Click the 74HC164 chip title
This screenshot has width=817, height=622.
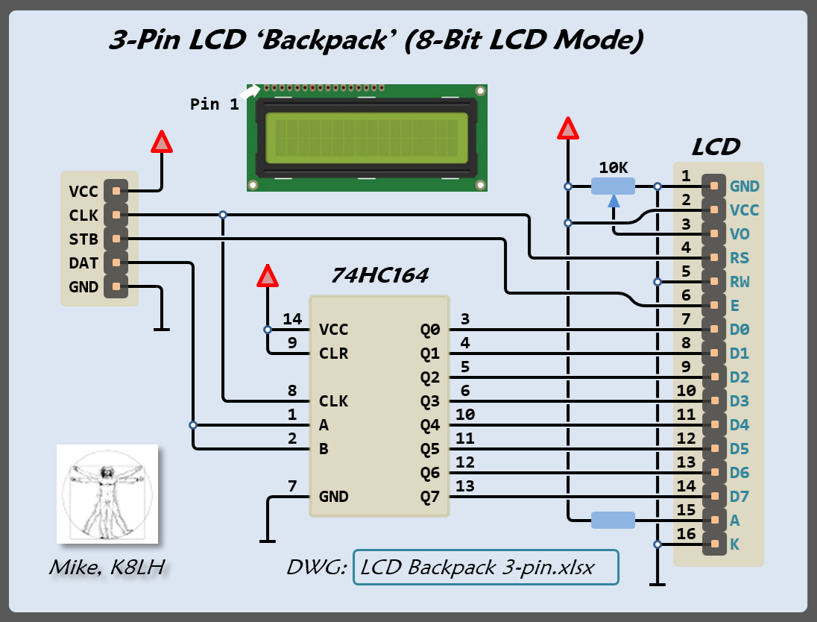pyautogui.click(x=379, y=276)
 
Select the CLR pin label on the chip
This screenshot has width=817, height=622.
pyautogui.click(x=333, y=354)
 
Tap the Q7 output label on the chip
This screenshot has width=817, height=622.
pyautogui.click(x=430, y=497)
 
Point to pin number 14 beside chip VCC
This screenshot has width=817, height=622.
pyautogui.click(x=292, y=320)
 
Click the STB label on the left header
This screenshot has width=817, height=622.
pyautogui.click(x=83, y=239)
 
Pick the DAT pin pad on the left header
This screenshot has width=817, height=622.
pyautogui.click(x=116, y=263)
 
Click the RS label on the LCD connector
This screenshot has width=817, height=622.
pyautogui.click(x=740, y=258)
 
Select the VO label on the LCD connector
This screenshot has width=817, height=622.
pyautogui.click(x=740, y=234)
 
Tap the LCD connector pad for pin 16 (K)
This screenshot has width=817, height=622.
pyautogui.click(x=714, y=544)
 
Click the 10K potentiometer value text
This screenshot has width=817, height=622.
pyautogui.click(x=613, y=168)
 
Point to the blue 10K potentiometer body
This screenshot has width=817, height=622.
pyautogui.click(x=613, y=186)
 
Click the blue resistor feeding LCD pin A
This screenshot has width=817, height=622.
pyautogui.click(x=613, y=520)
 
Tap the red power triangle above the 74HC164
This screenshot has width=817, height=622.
pyautogui.click(x=267, y=276)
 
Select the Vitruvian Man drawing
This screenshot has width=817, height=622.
pyautogui.click(x=107, y=494)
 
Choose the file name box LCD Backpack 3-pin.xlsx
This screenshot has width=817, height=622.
pyautogui.click(x=485, y=568)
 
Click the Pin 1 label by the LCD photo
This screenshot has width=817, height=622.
pyautogui.click(x=215, y=104)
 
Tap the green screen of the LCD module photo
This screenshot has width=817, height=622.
pyautogui.click(x=368, y=138)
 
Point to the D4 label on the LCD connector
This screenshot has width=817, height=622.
pyautogui.click(x=739, y=425)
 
